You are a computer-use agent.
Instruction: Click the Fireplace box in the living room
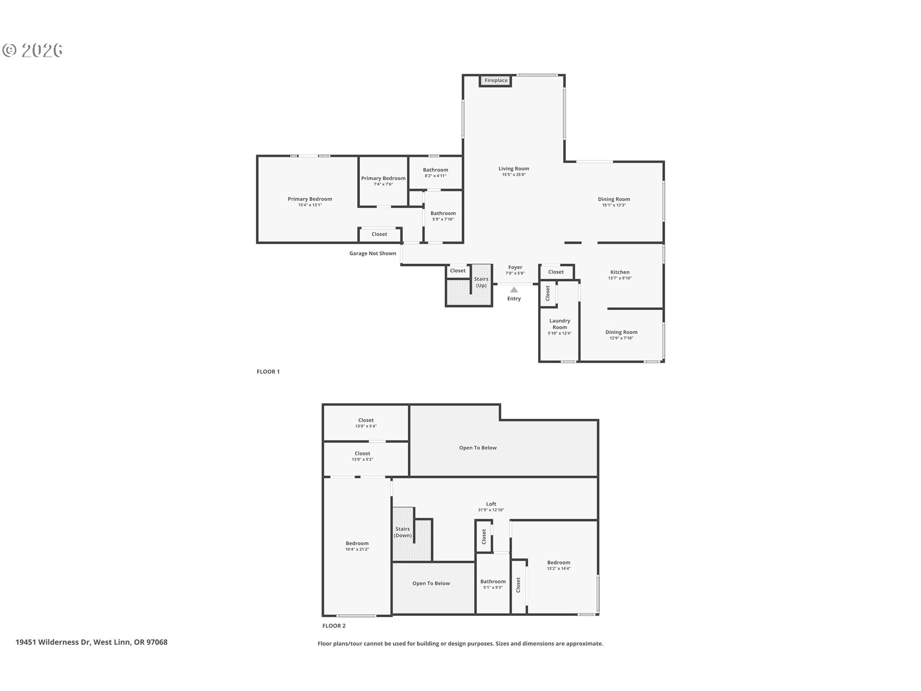point(496,81)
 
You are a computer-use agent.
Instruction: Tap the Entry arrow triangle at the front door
point(514,290)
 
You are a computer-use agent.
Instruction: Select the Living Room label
point(514,168)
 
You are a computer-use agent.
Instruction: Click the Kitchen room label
point(620,272)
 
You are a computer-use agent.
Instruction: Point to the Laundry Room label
point(560,324)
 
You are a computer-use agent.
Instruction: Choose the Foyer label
point(515,267)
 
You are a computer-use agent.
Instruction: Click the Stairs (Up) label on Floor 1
point(481,282)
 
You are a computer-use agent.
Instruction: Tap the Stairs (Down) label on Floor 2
point(402,532)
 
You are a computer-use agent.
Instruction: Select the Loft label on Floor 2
point(491,504)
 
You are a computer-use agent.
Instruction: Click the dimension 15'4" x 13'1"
point(310,205)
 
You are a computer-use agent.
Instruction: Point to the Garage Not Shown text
point(373,253)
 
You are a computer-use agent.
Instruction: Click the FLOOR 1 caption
point(268,371)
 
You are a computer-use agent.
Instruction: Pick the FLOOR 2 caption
point(334,626)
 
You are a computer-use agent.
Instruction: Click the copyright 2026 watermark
point(33,50)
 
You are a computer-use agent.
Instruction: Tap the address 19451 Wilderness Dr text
point(53,642)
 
